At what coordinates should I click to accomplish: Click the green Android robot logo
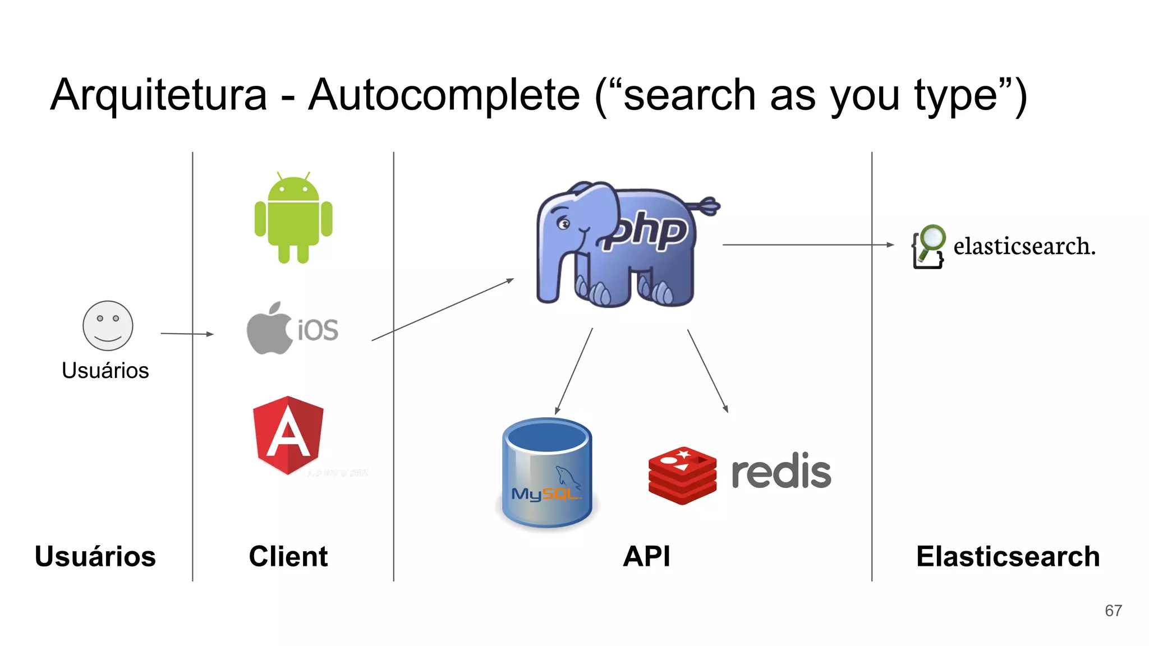pyautogui.click(x=293, y=218)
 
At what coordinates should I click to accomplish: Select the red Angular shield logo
pyautogui.click(x=288, y=435)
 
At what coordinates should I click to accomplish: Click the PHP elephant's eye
pyautogui.click(x=563, y=224)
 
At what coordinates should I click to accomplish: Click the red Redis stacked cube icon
pyautogui.click(x=682, y=475)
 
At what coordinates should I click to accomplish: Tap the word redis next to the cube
pyautogui.click(x=781, y=472)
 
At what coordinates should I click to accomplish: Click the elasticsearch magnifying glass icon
pyautogui.click(x=929, y=246)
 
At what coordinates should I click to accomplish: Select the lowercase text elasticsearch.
pyautogui.click(x=1024, y=246)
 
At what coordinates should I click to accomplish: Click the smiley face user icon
pyautogui.click(x=108, y=326)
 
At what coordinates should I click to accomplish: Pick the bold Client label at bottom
pyautogui.click(x=288, y=556)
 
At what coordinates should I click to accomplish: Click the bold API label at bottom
pyautogui.click(x=646, y=556)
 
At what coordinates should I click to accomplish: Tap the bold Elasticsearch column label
pyautogui.click(x=1008, y=556)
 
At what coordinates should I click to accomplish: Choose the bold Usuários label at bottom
pyautogui.click(x=95, y=556)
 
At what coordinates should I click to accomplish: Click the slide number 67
pyautogui.click(x=1113, y=611)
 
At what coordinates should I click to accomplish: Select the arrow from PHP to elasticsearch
pyautogui.click(x=808, y=245)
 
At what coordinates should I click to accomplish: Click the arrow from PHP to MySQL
pyautogui.click(x=574, y=371)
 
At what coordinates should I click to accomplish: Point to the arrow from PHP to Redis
pyautogui.click(x=707, y=371)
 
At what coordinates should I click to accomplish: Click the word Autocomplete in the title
pyautogui.click(x=444, y=95)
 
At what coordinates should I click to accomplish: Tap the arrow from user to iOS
pyautogui.click(x=187, y=334)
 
